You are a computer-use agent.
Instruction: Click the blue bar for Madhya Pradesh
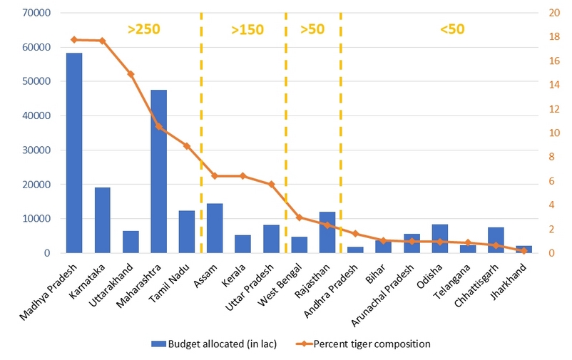pos(74,153)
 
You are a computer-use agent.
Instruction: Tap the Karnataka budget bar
pos(102,220)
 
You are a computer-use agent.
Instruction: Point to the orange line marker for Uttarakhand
pos(131,74)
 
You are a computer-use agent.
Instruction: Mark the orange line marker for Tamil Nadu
pos(187,146)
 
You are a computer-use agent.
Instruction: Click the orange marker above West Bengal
pos(299,217)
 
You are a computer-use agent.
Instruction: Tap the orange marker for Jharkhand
pos(524,250)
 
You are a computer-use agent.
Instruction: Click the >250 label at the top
pos(143,29)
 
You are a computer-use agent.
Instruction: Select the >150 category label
pos(247,29)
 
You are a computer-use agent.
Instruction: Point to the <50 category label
pos(452,29)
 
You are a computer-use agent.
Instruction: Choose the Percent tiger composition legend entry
pos(371,344)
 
